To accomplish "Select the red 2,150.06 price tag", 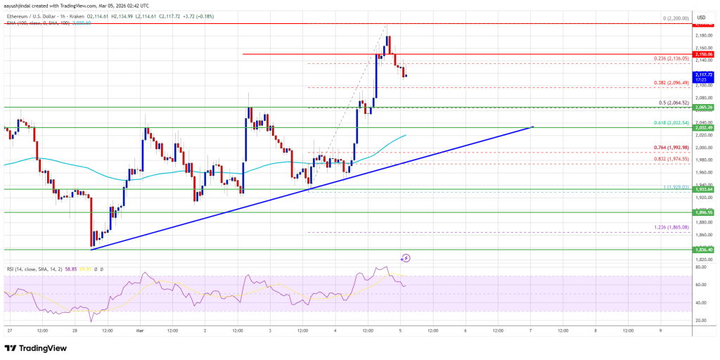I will tap(704, 54).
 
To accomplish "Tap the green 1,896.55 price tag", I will tap(704, 212).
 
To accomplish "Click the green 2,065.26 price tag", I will tap(704, 107).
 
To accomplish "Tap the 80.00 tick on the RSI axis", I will tap(702, 267).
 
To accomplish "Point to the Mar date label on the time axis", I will tap(140, 331).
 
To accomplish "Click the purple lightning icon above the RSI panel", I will tap(406, 258).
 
